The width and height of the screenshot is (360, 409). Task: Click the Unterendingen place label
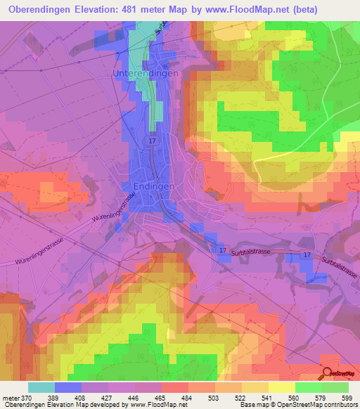(146, 73)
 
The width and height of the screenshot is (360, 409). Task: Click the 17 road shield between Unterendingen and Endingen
(152, 141)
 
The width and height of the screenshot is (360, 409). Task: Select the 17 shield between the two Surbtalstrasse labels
(307, 255)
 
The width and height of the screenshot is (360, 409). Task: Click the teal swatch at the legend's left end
(41, 387)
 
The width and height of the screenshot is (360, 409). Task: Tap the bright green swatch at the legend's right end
(335, 387)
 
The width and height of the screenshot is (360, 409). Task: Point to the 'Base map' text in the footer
(252, 405)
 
